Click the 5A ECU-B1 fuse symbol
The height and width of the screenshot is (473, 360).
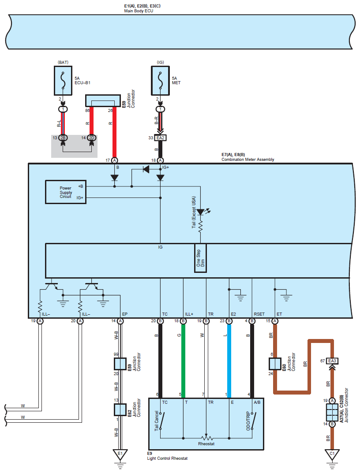[x=63, y=81]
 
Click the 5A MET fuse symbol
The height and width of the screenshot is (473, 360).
[x=161, y=81]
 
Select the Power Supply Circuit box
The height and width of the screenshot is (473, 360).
[x=66, y=192]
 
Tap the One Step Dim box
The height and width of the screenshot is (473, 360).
[x=200, y=258]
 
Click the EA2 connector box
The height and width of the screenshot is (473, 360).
[x=161, y=138]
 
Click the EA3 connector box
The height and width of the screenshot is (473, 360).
[x=332, y=361]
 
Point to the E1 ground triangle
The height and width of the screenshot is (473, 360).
[x=120, y=454]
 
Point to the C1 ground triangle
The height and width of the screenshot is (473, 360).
[x=332, y=454]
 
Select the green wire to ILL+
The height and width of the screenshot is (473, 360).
[x=184, y=361]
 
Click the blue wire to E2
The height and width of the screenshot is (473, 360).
[x=229, y=361]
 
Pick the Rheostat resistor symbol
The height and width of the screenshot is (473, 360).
[x=206, y=438]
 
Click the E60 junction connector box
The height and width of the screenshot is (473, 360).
[x=275, y=364]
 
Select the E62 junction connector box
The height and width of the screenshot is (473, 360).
[x=120, y=410]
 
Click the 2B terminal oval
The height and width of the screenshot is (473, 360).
[x=63, y=138]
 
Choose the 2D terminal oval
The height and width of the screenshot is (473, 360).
[x=92, y=138]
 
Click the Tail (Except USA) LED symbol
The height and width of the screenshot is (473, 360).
[x=201, y=212]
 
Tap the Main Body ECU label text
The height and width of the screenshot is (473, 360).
[x=139, y=11]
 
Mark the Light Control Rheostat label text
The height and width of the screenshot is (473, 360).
[x=167, y=458]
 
